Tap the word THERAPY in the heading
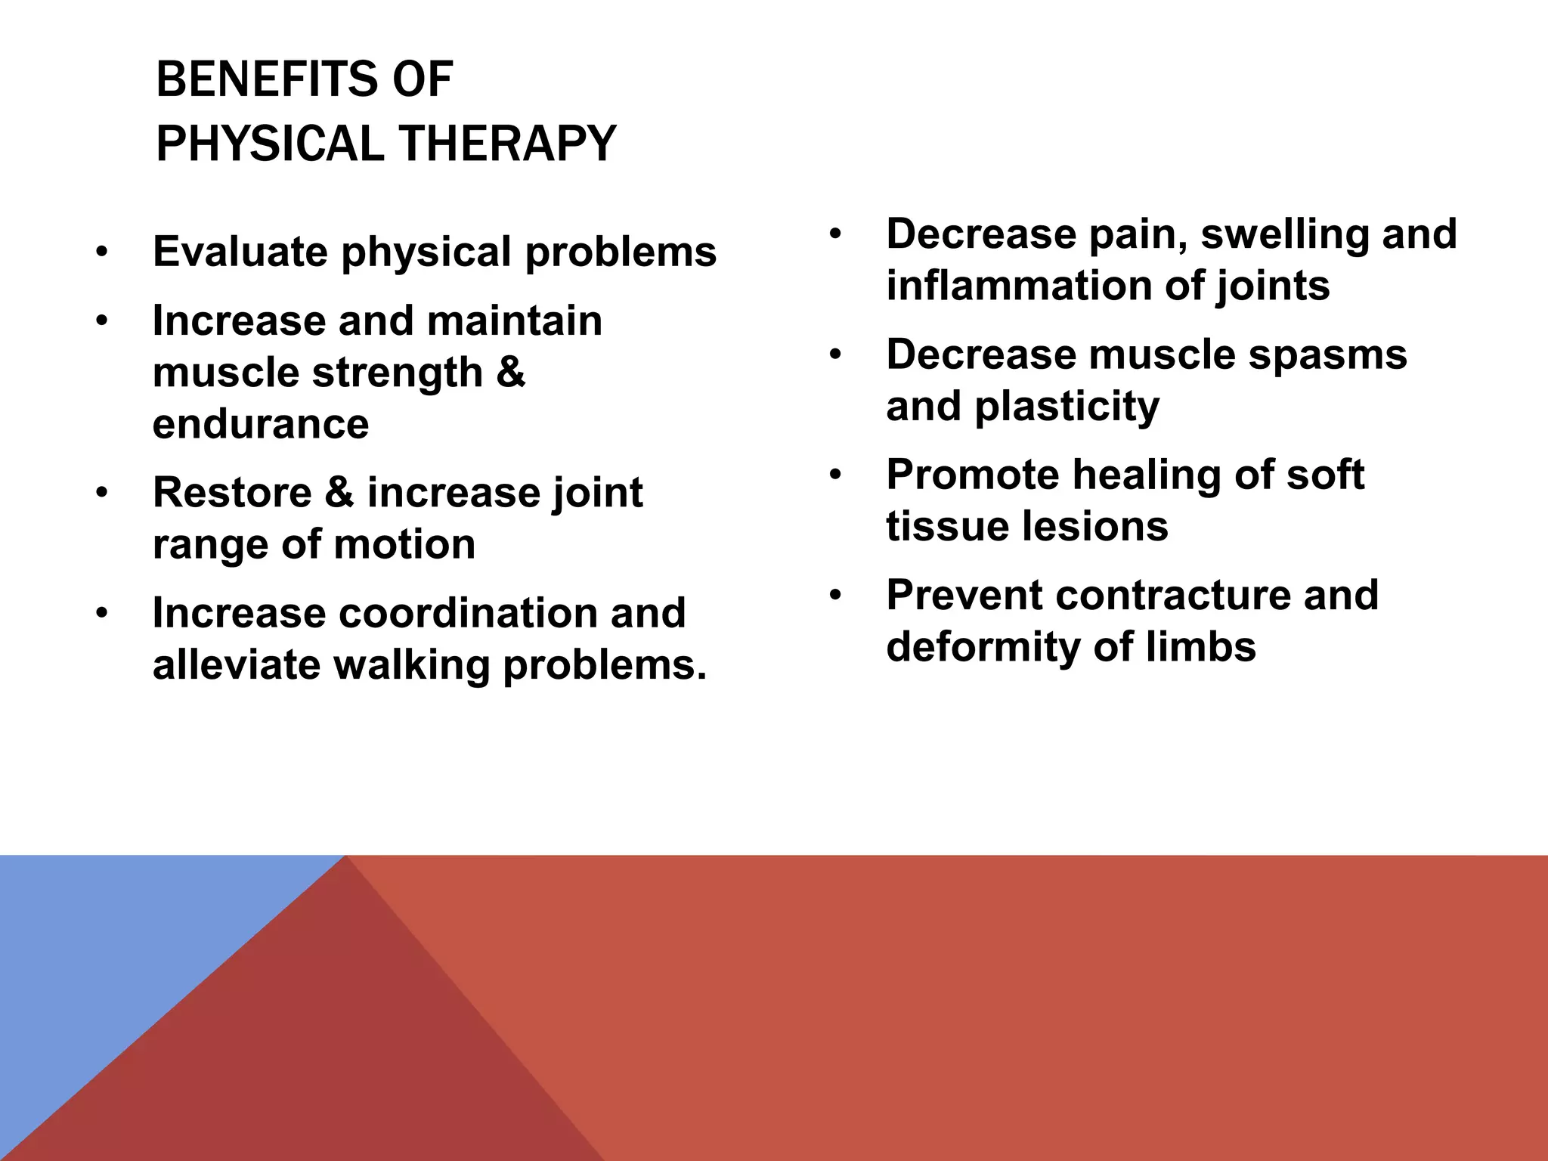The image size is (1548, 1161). pyautogui.click(x=507, y=144)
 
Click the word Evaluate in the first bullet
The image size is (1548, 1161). pyautogui.click(x=240, y=252)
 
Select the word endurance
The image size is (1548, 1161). pyautogui.click(x=261, y=424)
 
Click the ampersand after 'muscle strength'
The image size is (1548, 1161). pyautogui.click(x=511, y=372)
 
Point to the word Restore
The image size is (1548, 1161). pyautogui.click(x=232, y=493)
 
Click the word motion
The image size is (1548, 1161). pyautogui.click(x=404, y=544)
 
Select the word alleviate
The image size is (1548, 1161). pyautogui.click(x=235, y=665)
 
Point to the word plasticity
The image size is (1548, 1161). pyautogui.click(x=1067, y=407)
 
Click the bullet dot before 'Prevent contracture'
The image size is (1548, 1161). pyautogui.click(x=834, y=596)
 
